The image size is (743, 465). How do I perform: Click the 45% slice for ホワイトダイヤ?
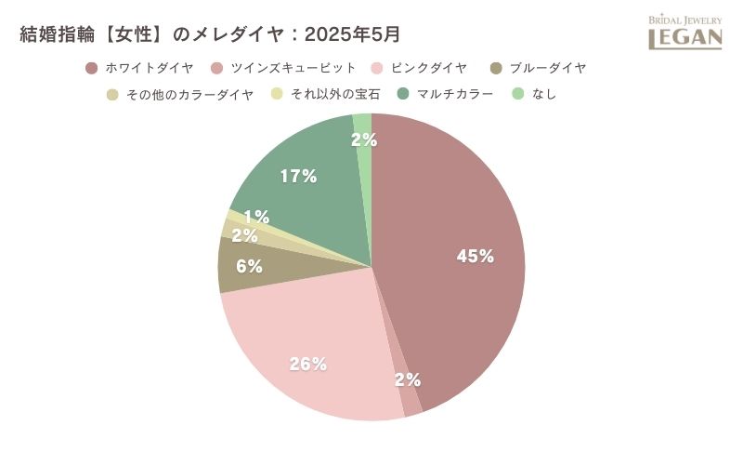point(446,214)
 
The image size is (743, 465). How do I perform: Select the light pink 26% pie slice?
point(297,335)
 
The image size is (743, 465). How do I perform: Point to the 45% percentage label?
point(475,257)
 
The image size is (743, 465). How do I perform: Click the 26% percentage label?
point(307,364)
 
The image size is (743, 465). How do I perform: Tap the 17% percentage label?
point(298,176)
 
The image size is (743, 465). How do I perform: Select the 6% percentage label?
point(248,266)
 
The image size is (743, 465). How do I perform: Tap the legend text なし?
point(545,94)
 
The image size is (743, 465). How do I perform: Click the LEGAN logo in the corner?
point(684,33)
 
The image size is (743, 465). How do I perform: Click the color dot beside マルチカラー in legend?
point(402,94)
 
